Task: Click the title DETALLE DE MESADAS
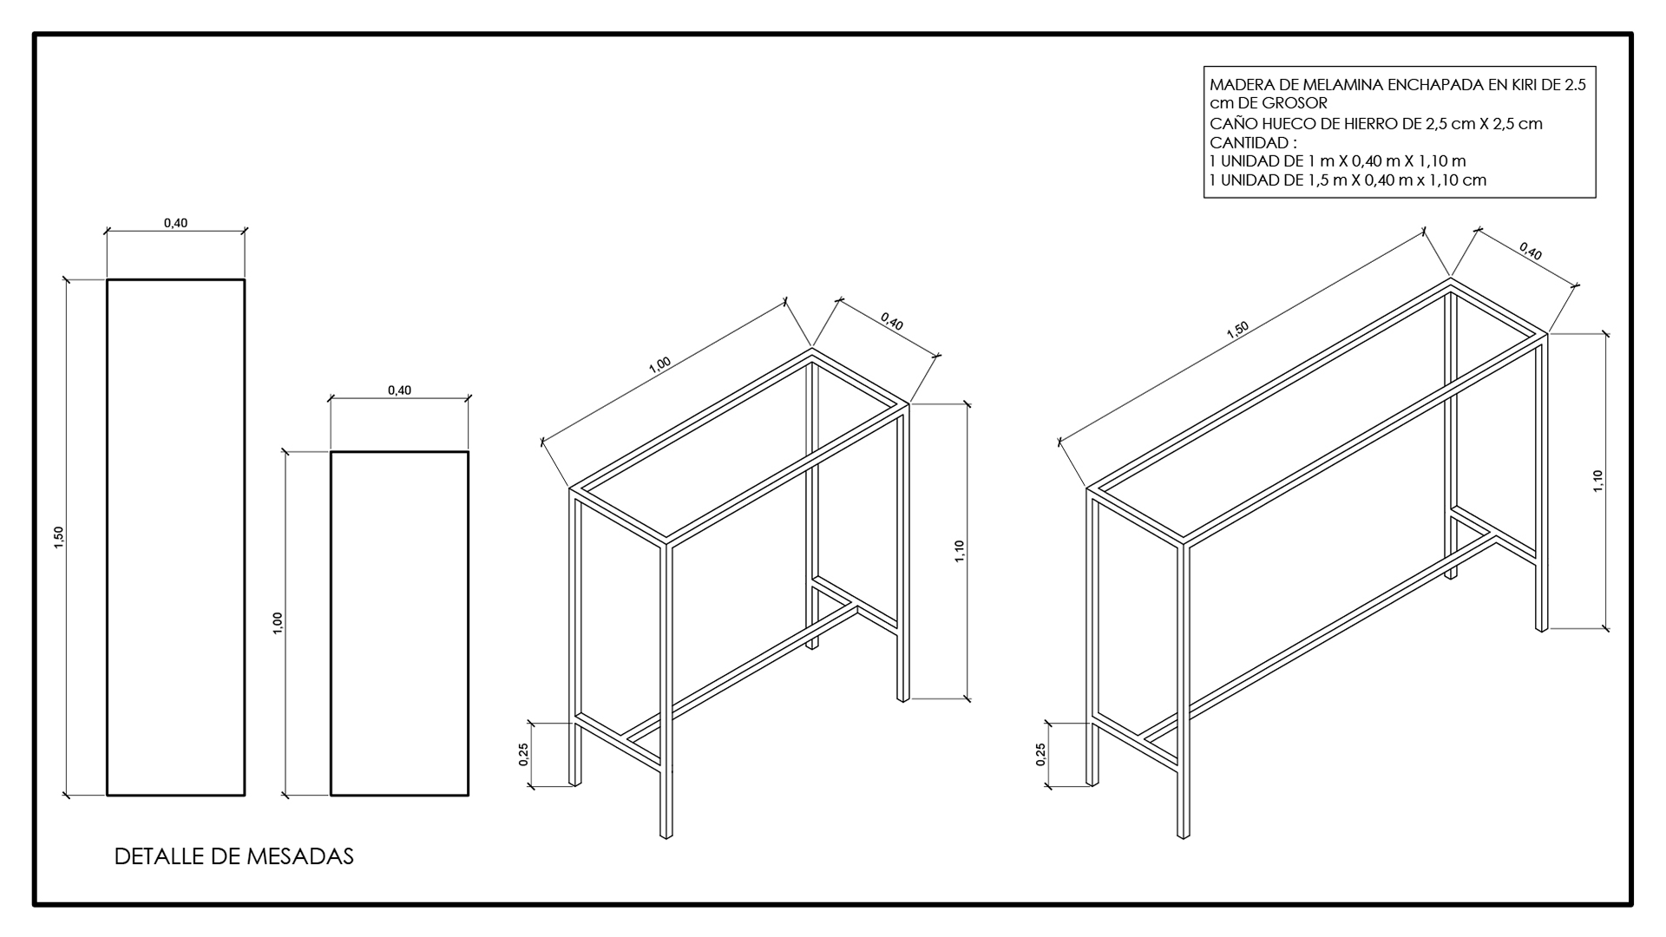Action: tap(234, 857)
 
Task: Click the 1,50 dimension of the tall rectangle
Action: tap(59, 537)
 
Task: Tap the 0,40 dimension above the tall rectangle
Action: tap(175, 223)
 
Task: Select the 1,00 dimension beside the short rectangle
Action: tap(278, 623)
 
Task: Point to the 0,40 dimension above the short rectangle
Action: tap(399, 390)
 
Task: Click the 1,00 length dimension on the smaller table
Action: tap(659, 364)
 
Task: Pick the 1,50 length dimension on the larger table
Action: tap(1236, 329)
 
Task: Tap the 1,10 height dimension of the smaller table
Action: tap(960, 552)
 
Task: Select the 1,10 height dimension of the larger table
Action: tap(1597, 482)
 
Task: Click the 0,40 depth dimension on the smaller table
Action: tap(892, 324)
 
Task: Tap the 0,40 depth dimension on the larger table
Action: tap(1531, 252)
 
